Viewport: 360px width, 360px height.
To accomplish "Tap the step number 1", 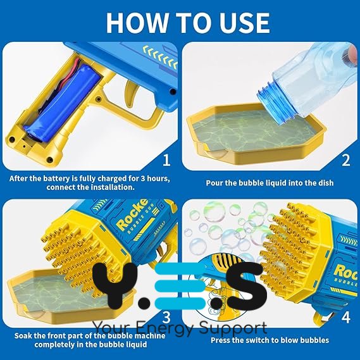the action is [x=166, y=160].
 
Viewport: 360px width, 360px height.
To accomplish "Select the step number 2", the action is [x=346, y=160].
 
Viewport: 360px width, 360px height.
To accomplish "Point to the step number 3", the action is [x=166, y=318].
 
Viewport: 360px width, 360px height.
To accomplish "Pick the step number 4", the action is [x=346, y=318].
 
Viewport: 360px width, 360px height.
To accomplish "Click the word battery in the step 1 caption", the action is [x=51, y=178].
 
